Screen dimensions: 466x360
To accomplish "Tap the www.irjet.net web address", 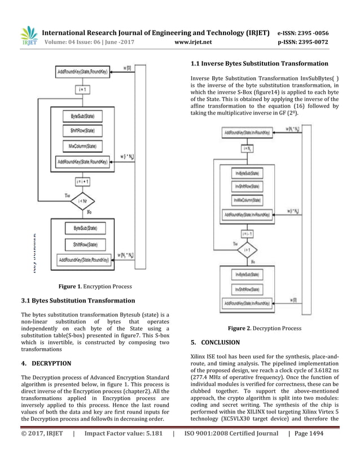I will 194,42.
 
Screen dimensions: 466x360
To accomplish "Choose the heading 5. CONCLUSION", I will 216,342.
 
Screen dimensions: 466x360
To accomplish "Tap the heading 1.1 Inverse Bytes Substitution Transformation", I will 260,64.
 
